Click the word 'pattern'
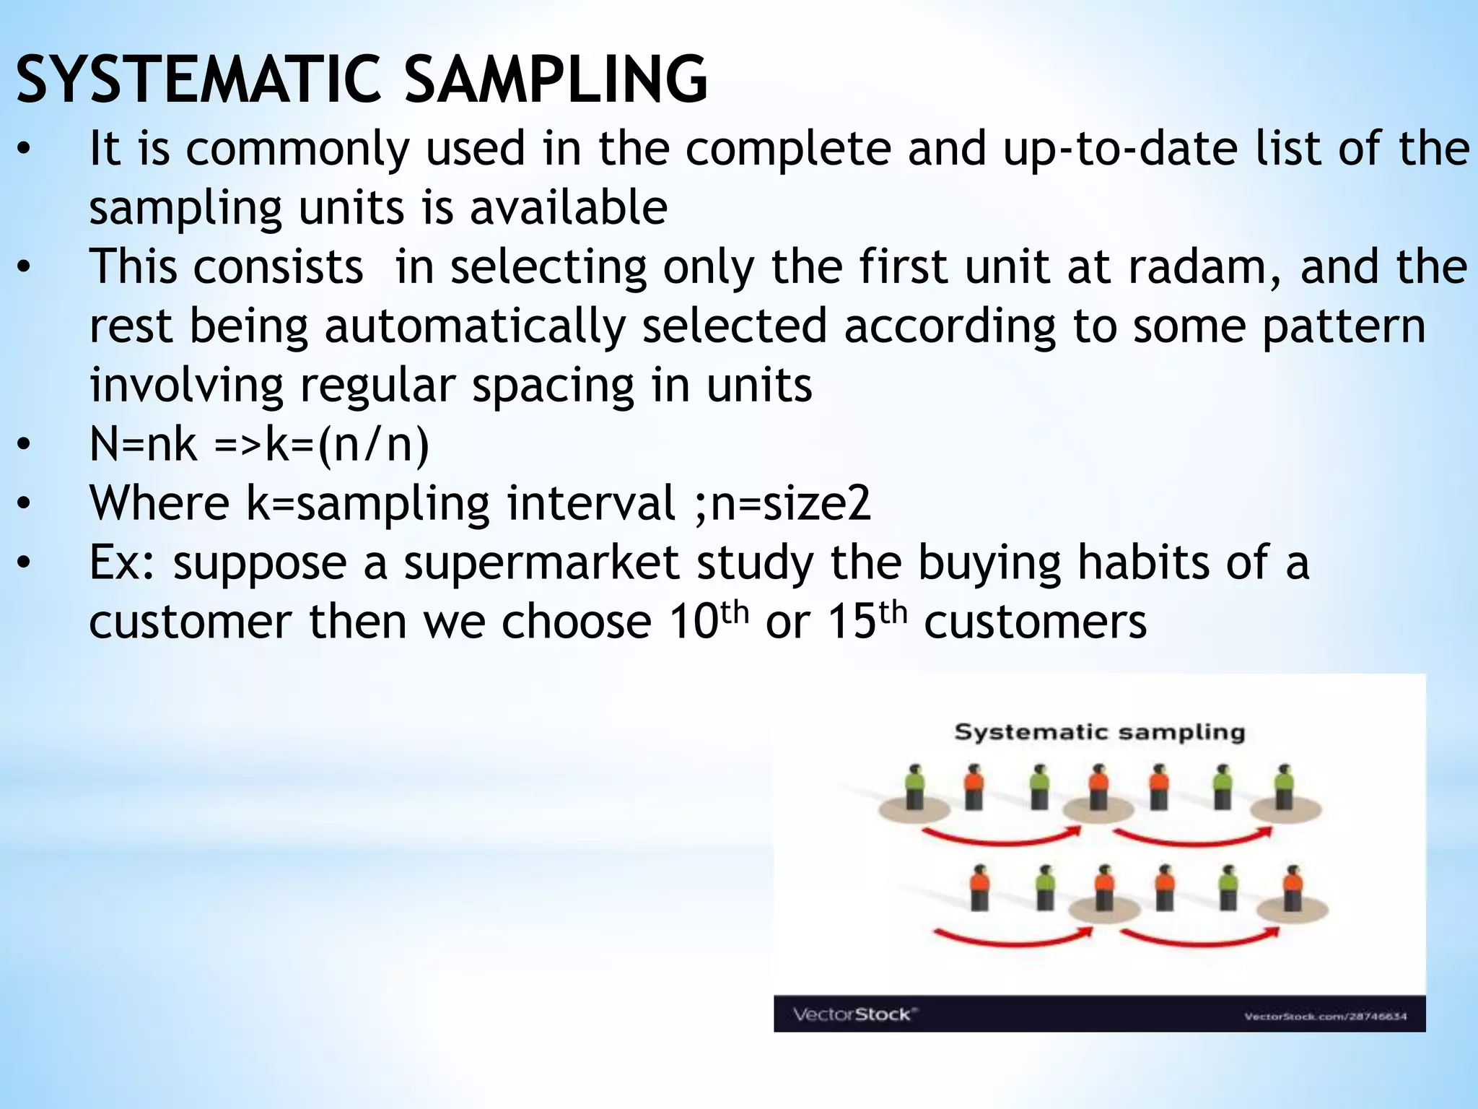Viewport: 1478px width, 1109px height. pos(1344,326)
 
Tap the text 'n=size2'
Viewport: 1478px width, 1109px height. pos(791,503)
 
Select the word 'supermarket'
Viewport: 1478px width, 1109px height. pos(541,562)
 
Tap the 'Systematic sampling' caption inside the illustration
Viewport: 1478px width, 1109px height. pos(1099,732)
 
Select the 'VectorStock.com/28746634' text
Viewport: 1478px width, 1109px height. pos(1325,1017)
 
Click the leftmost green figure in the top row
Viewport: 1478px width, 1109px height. pos(915,788)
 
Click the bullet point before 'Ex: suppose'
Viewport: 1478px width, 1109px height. pos(25,564)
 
